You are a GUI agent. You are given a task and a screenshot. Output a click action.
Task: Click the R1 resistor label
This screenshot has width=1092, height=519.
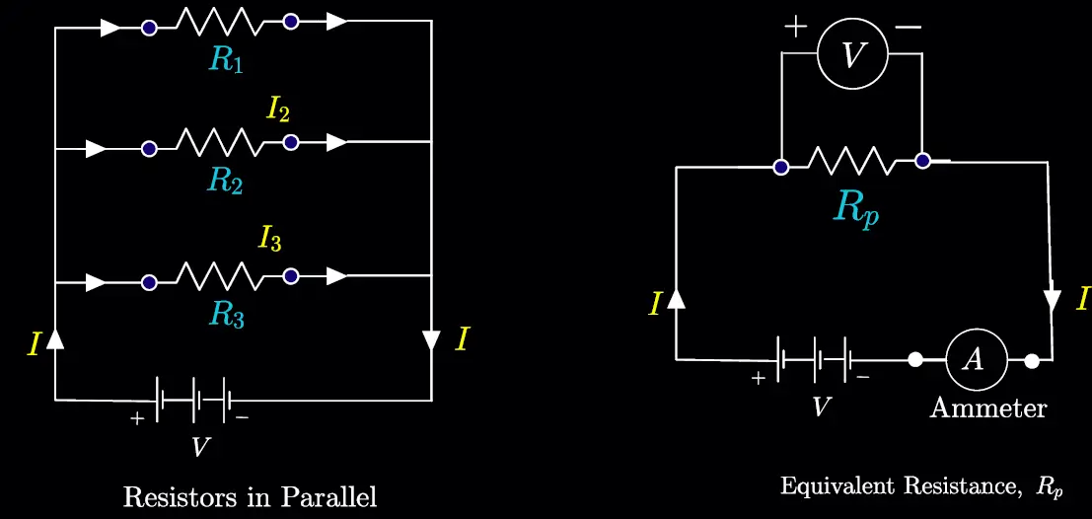tap(226, 61)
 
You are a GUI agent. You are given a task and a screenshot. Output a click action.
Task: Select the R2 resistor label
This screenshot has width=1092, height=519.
tap(226, 182)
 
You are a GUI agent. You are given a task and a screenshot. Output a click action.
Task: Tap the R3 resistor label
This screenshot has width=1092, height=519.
tap(226, 316)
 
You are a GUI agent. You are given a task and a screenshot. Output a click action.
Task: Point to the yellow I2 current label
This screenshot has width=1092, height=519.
tap(278, 111)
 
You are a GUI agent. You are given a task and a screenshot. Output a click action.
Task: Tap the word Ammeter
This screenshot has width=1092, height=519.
tap(987, 408)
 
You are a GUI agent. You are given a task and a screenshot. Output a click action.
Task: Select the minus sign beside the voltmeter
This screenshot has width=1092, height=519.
tap(909, 29)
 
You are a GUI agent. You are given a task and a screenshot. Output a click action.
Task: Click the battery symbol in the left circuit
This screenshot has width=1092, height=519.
tap(193, 400)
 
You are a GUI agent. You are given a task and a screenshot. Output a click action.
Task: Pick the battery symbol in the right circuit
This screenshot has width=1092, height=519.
tap(813, 359)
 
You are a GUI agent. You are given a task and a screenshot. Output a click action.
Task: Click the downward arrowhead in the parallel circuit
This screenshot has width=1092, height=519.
tap(432, 340)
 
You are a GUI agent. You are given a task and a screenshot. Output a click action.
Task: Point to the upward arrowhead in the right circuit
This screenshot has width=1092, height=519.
tap(676, 298)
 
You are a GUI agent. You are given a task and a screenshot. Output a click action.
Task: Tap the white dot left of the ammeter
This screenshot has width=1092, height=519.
tap(915, 359)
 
